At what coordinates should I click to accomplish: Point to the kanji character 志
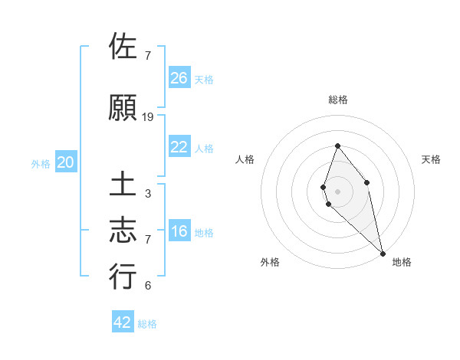point(123,230)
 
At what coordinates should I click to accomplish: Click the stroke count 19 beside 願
point(148,117)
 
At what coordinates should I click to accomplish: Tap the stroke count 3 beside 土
point(148,194)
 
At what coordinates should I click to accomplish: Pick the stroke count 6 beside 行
point(148,286)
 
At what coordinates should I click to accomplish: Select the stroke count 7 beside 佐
point(148,56)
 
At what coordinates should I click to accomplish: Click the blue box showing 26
point(179,77)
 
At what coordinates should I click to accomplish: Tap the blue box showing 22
point(179,147)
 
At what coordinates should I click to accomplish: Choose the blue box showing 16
point(179,231)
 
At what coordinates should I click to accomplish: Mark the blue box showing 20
point(66,162)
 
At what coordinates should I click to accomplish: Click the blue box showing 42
point(123,322)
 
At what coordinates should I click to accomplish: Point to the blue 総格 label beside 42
point(147,324)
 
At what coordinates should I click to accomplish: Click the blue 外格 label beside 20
point(40,164)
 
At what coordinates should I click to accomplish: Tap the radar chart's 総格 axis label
point(338,100)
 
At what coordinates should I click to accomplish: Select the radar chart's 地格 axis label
point(402,262)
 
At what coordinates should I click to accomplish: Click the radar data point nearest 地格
point(382,253)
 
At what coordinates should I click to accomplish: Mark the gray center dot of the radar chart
point(338,191)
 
